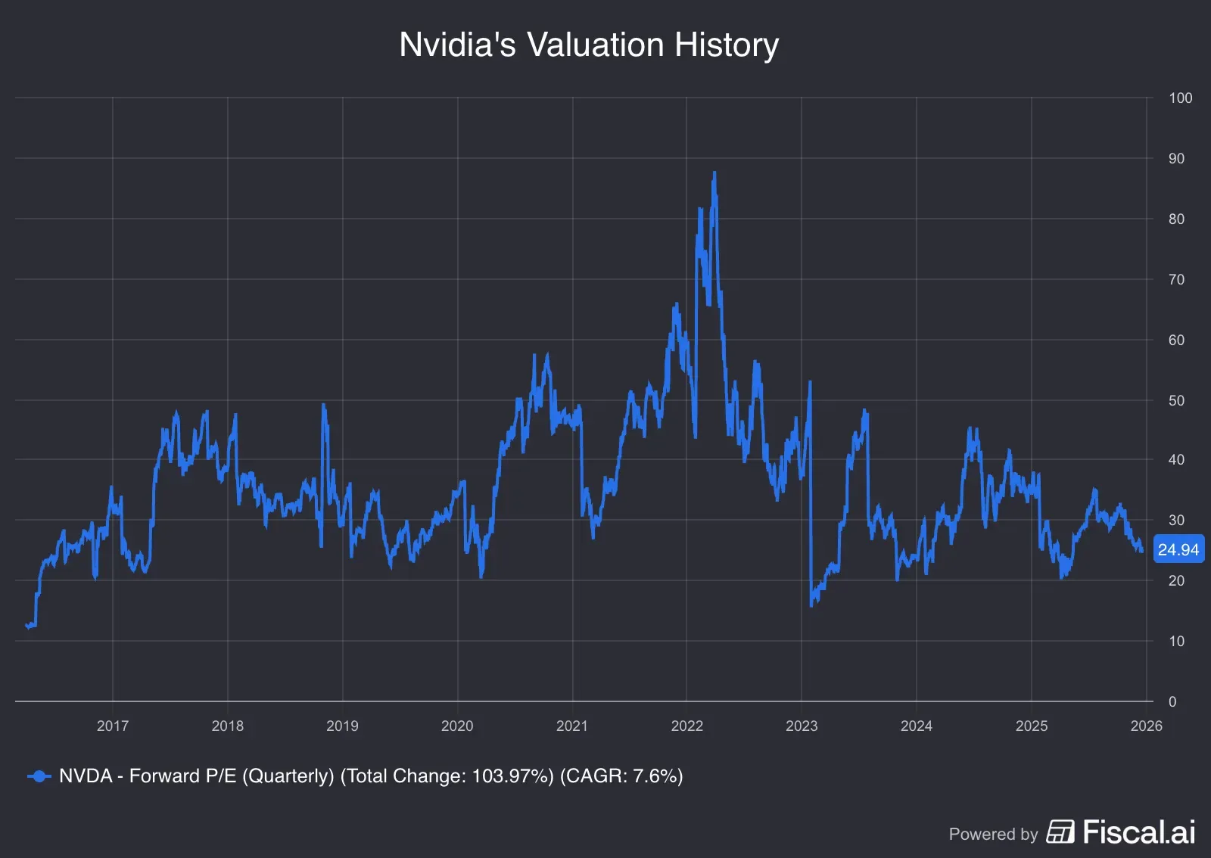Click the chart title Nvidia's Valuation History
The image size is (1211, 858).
click(589, 45)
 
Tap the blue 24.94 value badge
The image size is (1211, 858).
click(1178, 550)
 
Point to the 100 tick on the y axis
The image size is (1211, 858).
click(1180, 98)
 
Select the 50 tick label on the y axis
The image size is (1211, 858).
click(1176, 400)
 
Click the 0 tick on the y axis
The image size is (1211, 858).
click(1172, 701)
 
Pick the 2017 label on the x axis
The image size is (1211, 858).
click(113, 726)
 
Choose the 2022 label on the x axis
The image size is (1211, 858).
click(686, 726)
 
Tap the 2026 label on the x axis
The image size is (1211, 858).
click(1146, 726)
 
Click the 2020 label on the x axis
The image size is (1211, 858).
click(457, 726)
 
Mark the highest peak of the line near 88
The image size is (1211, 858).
click(714, 173)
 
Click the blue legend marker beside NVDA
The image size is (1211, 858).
click(39, 776)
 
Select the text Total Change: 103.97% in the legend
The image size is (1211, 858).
click(447, 776)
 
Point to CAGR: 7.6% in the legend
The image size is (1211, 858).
click(621, 776)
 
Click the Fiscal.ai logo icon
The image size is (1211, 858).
click(1060, 832)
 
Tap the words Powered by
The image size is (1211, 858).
click(993, 834)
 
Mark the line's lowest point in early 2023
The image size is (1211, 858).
click(811, 605)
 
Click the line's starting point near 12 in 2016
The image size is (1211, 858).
click(28, 626)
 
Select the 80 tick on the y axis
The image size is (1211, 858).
click(1176, 219)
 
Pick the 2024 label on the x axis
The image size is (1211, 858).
click(916, 726)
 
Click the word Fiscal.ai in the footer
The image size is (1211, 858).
click(1138, 832)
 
